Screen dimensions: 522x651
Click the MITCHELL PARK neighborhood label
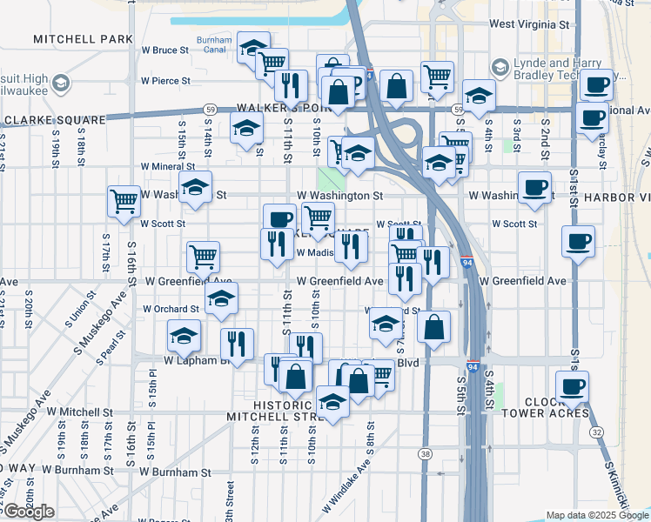(x=84, y=39)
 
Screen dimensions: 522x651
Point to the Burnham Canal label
(x=214, y=44)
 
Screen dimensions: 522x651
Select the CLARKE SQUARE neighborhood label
(x=55, y=120)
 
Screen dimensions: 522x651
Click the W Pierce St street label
(x=165, y=81)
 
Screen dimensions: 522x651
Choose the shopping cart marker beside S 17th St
(x=124, y=201)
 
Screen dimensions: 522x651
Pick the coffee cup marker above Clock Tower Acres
(x=572, y=385)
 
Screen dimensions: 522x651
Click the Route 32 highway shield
(x=596, y=432)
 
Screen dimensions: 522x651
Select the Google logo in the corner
(x=30, y=512)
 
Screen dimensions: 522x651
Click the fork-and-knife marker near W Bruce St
(x=291, y=84)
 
